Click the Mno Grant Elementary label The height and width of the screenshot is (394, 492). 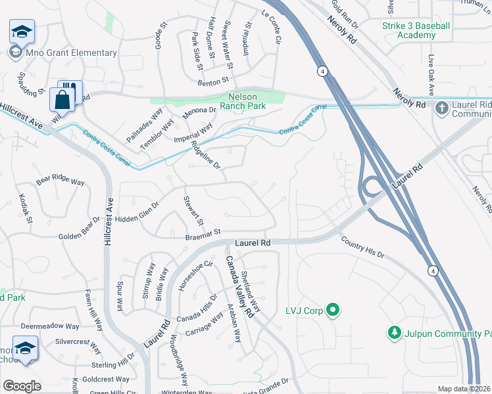click(70, 53)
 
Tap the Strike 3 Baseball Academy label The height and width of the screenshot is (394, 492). click(416, 30)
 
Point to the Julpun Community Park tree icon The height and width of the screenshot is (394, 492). click(394, 334)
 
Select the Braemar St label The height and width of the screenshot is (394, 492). click(201, 232)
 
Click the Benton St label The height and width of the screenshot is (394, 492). click(212, 82)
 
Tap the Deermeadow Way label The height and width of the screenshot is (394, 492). click(50, 326)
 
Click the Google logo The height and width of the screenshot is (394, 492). click(22, 385)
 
